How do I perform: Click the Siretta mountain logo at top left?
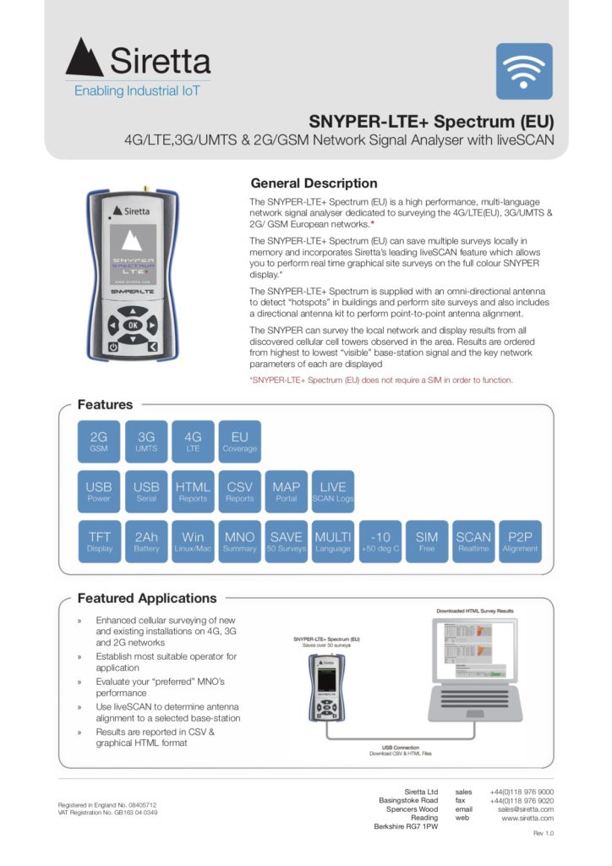pyautogui.click(x=85, y=57)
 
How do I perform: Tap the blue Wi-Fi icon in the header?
pyautogui.click(x=523, y=71)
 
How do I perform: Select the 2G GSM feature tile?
pyautogui.click(x=99, y=441)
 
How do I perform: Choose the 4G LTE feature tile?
pyautogui.click(x=193, y=441)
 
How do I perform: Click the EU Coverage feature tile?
pyautogui.click(x=240, y=441)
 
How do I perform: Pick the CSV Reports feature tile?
pyautogui.click(x=240, y=491)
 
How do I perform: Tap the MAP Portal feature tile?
pyautogui.click(x=286, y=491)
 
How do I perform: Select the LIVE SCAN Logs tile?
pyautogui.click(x=333, y=491)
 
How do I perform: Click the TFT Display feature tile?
pyautogui.click(x=99, y=541)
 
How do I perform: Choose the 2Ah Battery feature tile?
pyautogui.click(x=146, y=541)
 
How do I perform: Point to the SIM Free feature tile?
pyautogui.click(x=427, y=541)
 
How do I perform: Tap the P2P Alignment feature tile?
pyautogui.click(x=520, y=541)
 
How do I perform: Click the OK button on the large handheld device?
pyautogui.click(x=132, y=324)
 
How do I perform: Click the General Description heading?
pyautogui.click(x=314, y=184)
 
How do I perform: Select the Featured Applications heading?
pyautogui.click(x=147, y=598)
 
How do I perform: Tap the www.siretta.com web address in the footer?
pyautogui.click(x=527, y=819)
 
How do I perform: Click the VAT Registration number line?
pyautogui.click(x=107, y=813)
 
